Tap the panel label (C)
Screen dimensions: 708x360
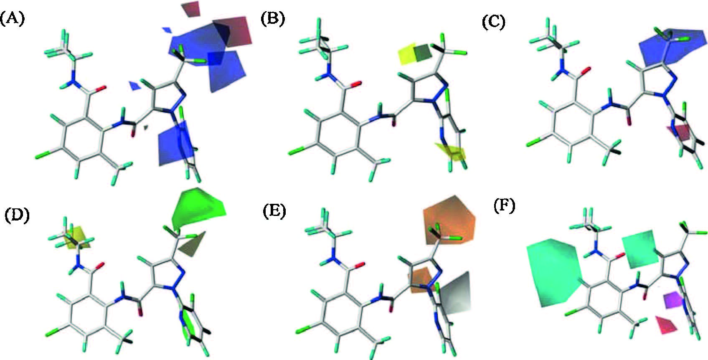(x=493, y=22)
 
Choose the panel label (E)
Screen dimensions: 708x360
(x=274, y=211)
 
